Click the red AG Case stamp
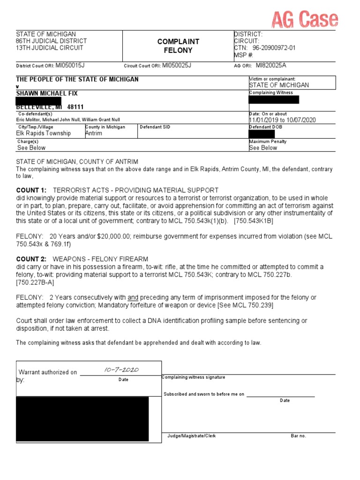305,19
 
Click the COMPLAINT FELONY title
178,46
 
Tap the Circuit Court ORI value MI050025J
177,66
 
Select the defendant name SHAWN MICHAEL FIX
47,93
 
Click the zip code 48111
75,107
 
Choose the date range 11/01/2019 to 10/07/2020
282,120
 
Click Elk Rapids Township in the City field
44,133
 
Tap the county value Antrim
93,133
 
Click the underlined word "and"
133,298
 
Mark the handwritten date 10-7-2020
121,370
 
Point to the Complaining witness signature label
193,377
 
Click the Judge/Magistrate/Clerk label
191,436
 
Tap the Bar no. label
298,436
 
